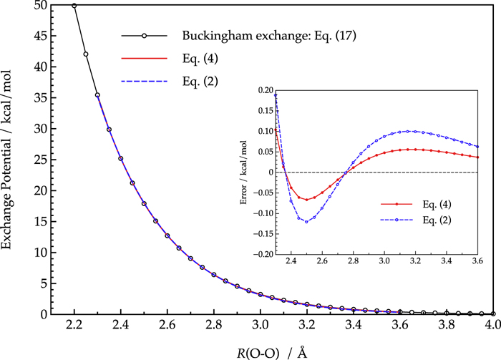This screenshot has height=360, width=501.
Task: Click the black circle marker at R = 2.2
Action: [74, 5]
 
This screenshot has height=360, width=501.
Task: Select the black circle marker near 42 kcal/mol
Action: [86, 54]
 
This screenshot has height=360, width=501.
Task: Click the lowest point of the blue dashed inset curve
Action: [306, 222]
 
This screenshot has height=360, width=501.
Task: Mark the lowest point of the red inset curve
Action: [306, 200]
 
